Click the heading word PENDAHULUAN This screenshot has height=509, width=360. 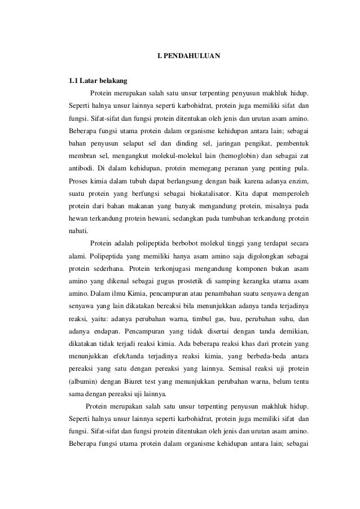(x=194, y=56)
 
